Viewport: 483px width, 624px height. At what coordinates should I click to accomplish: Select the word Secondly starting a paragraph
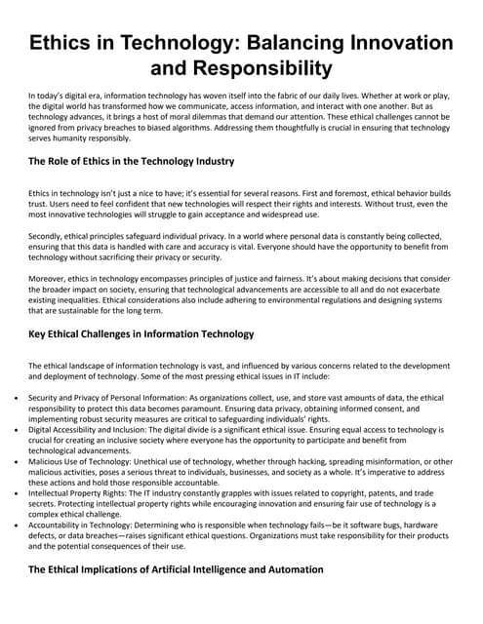tap(49, 235)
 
